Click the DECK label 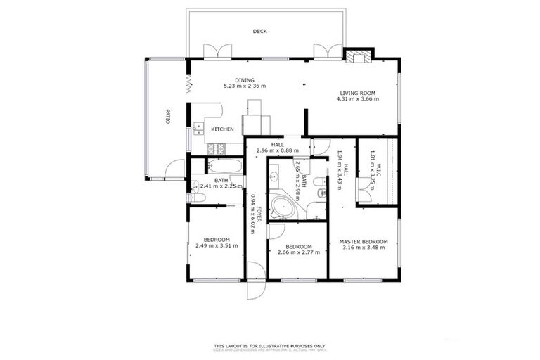(x=260, y=32)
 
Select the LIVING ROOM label (x=357, y=93)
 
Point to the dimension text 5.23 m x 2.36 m (x=245, y=86)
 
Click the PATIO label (x=168, y=116)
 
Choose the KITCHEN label (x=223, y=129)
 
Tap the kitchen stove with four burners (x=217, y=148)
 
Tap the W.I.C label (x=378, y=169)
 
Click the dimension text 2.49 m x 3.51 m (x=217, y=246)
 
